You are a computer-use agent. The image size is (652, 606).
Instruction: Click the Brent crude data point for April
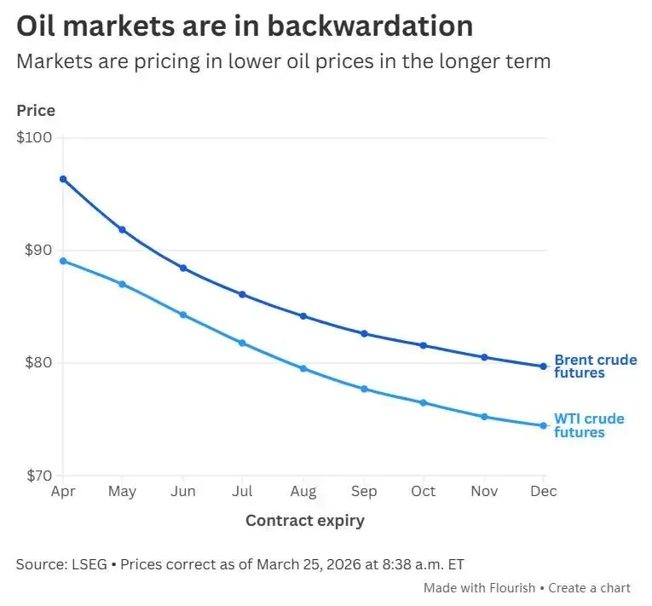pyautogui.click(x=63, y=179)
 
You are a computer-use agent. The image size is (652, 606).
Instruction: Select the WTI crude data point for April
pyautogui.click(x=63, y=261)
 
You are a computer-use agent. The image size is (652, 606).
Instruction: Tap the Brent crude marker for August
pyautogui.click(x=303, y=316)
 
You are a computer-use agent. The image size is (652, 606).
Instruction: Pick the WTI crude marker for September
pyautogui.click(x=364, y=389)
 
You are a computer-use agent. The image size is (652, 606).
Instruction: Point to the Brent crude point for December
pyautogui.click(x=543, y=366)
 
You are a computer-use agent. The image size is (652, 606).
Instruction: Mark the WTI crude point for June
pyautogui.click(x=183, y=315)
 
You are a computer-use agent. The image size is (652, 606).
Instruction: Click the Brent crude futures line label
pyautogui.click(x=595, y=366)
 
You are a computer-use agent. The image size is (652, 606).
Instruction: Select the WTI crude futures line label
pyautogui.click(x=589, y=425)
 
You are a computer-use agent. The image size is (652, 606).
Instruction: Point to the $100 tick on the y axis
pyautogui.click(x=35, y=138)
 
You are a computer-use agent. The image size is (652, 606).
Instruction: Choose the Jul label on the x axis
pyautogui.click(x=243, y=492)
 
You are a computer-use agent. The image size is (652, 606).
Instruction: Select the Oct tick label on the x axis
pyautogui.click(x=423, y=492)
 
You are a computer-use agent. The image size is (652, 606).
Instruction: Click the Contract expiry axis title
pyautogui.click(x=304, y=521)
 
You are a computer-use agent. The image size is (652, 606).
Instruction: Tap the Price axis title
pyautogui.click(x=36, y=111)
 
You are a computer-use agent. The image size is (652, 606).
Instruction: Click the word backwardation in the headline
pyautogui.click(x=370, y=26)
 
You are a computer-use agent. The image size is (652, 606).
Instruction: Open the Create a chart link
pyautogui.click(x=589, y=588)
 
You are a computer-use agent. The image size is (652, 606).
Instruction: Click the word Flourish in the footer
pyautogui.click(x=512, y=588)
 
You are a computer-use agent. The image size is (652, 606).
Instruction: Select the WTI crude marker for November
pyautogui.click(x=483, y=417)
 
